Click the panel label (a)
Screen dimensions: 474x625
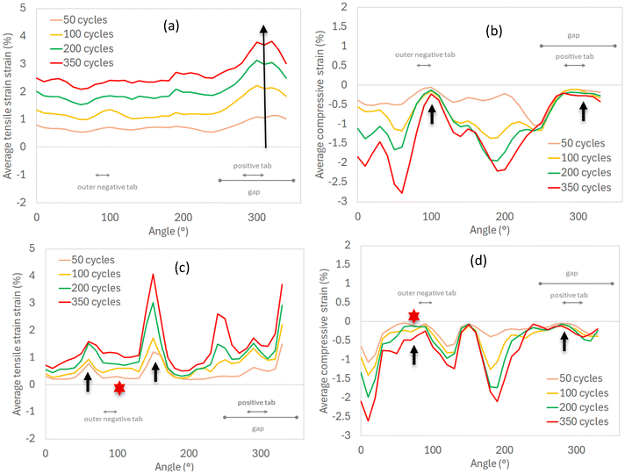tap(172, 26)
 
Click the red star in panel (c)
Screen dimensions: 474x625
tap(119, 387)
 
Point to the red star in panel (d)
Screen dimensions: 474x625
tap(413, 316)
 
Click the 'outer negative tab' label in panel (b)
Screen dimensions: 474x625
tap(423, 54)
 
